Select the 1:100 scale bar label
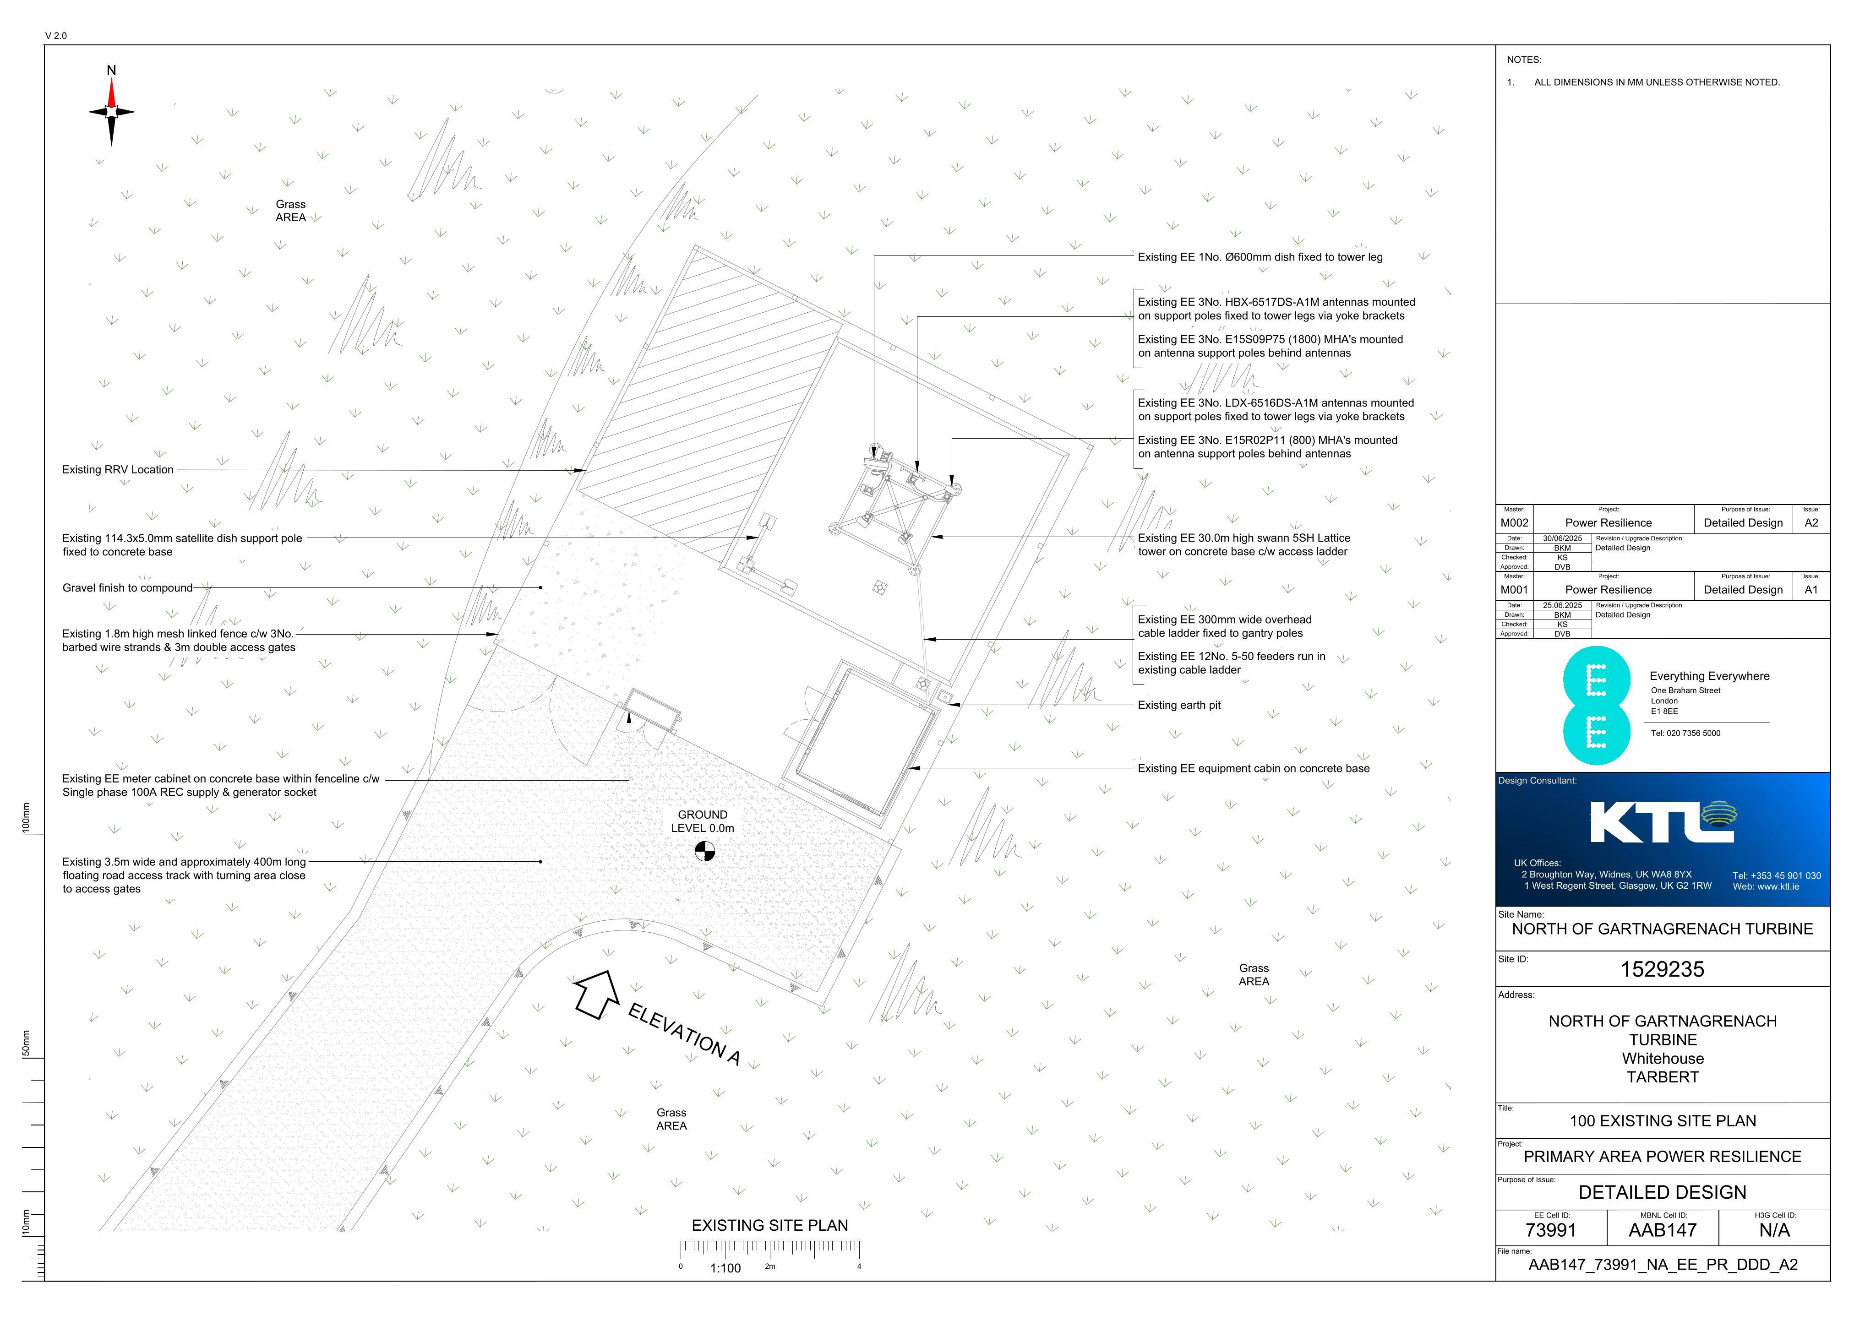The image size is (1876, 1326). (x=725, y=1269)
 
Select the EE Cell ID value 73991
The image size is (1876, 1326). (x=1551, y=1230)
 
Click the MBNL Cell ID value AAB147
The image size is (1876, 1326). (x=1663, y=1230)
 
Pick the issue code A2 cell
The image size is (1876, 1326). (x=1811, y=523)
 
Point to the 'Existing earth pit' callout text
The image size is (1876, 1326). (x=1179, y=705)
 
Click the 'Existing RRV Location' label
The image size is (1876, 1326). (x=118, y=470)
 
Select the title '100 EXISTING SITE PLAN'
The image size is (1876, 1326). (x=1663, y=1121)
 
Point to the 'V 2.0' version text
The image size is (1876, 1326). (x=56, y=36)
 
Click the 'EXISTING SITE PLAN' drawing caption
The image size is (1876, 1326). (x=770, y=1226)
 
